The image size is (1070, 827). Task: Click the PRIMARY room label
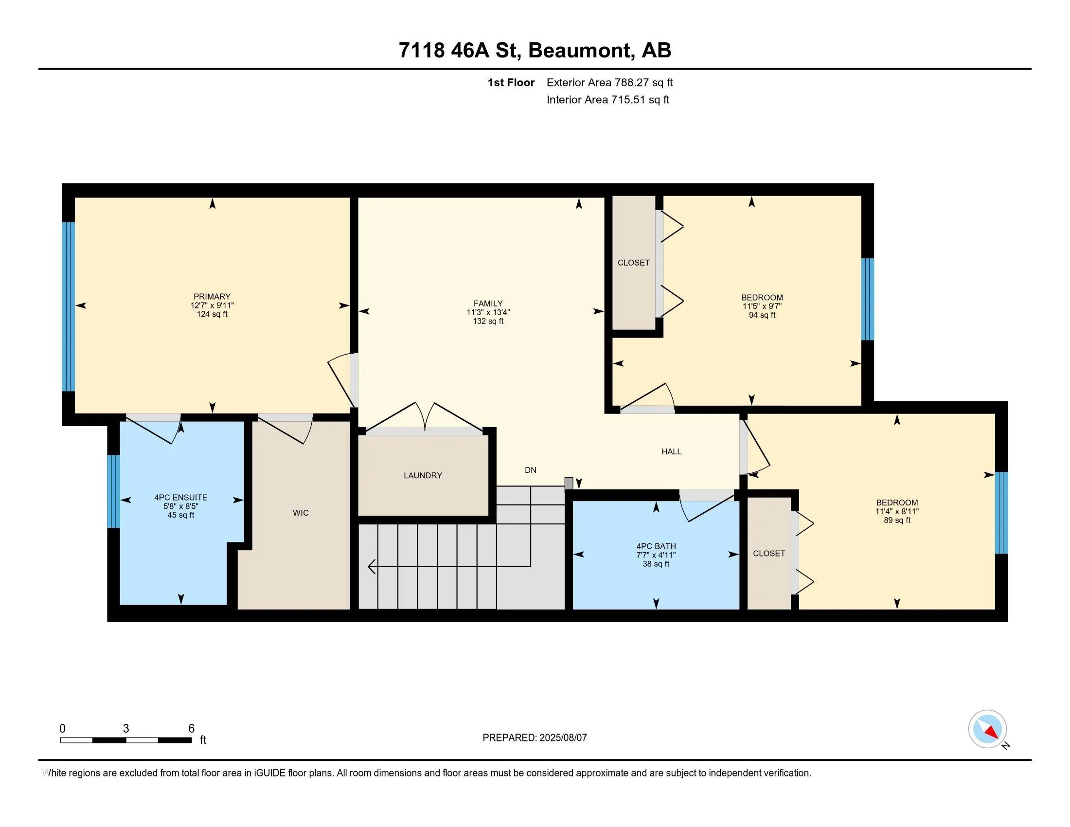212,296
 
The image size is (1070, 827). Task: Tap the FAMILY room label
488,303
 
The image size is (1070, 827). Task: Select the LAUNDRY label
423,475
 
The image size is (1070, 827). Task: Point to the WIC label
301,512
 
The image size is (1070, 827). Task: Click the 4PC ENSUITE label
181,497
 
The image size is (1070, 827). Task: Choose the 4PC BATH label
656,546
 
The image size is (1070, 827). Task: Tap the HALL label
671,452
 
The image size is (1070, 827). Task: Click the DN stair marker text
531,470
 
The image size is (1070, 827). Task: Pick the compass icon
988,729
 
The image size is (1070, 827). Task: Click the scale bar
126,740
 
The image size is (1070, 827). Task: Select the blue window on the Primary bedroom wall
68,306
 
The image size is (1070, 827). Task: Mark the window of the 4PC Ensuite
113,491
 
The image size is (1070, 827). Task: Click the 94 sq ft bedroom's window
868,299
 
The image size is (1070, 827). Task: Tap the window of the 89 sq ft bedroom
1001,513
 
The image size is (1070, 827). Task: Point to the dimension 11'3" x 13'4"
488,312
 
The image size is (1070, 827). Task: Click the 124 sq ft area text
212,314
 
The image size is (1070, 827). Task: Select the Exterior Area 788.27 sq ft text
609,82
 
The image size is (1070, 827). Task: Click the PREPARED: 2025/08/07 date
535,737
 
